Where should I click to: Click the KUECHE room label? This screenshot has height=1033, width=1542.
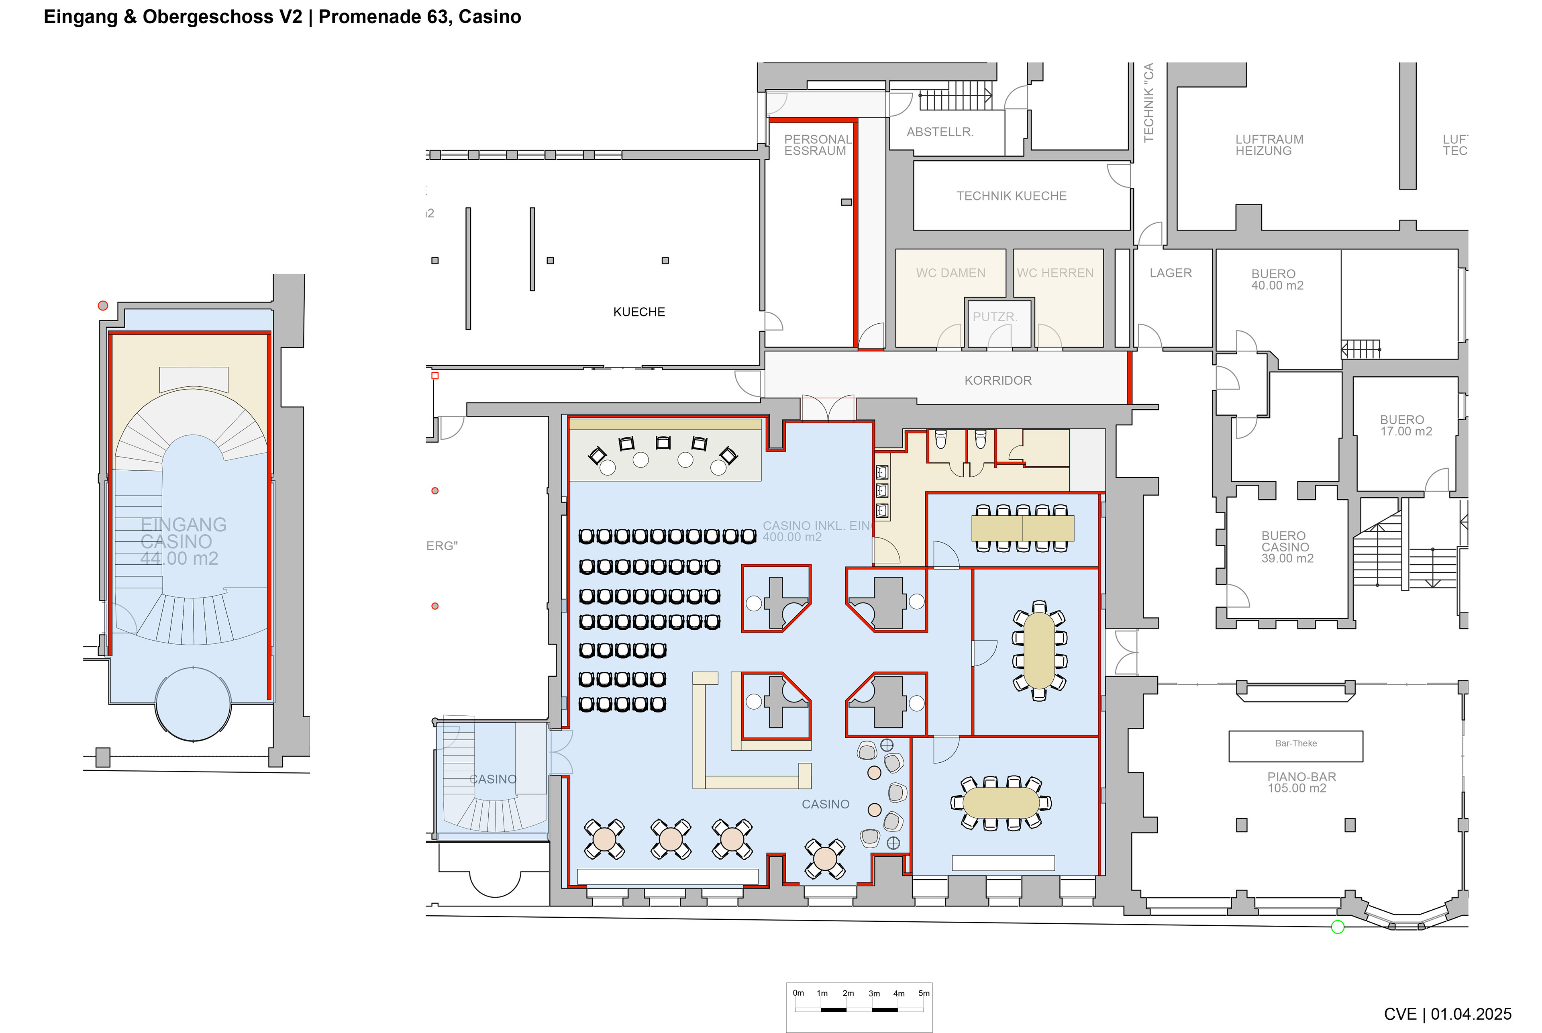point(639,312)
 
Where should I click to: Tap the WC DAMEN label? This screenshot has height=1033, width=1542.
point(950,273)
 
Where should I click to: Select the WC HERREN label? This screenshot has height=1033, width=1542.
point(1055,273)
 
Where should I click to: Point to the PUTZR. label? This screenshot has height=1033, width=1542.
point(995,317)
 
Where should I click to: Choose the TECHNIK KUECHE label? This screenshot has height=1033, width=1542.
point(1011,196)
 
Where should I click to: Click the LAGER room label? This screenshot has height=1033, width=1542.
point(1171,273)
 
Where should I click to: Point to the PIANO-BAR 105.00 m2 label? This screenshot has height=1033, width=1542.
point(1301,783)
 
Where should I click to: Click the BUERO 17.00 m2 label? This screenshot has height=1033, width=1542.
point(1405,426)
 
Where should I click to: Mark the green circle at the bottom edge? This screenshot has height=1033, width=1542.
point(1338,927)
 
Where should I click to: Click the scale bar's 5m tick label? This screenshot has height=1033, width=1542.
point(924,993)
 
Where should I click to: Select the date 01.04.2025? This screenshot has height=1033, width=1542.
point(1471,1014)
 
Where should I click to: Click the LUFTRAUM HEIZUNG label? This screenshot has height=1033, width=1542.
point(1269,145)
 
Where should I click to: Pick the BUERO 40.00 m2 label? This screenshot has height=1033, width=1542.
point(1277,279)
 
